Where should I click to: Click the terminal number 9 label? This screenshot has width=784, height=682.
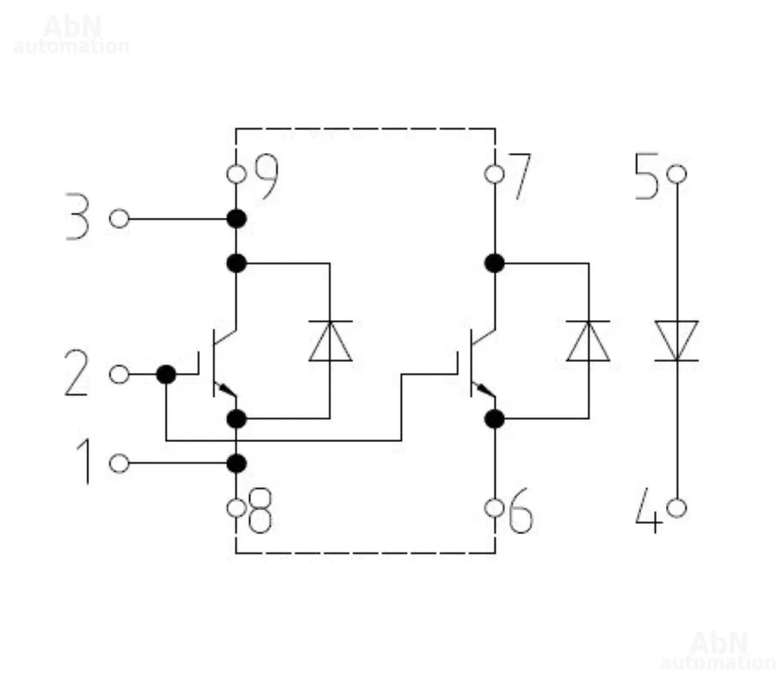[x=266, y=176]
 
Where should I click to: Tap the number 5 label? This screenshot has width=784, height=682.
[x=647, y=175]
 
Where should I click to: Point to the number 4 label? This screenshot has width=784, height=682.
[x=649, y=511]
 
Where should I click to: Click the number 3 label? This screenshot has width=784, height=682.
[x=78, y=219]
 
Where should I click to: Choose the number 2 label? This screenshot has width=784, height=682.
[x=76, y=373]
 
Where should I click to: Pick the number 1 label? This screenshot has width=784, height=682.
[x=83, y=462]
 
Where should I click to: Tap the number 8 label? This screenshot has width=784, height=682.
[x=260, y=511]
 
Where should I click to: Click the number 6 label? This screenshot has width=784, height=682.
[x=520, y=511]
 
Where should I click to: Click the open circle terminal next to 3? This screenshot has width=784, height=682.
[x=119, y=219]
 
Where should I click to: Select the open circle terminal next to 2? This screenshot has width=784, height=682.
[x=119, y=374]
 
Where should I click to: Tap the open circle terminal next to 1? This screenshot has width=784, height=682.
[x=119, y=463]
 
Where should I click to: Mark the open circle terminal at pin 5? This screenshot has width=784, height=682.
[x=677, y=174]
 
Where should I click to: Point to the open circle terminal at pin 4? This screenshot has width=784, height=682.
[x=677, y=508]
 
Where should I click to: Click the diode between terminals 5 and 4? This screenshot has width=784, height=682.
[x=677, y=341]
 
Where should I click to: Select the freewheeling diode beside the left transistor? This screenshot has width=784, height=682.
[x=330, y=341]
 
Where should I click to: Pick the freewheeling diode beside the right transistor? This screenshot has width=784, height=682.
[x=588, y=341]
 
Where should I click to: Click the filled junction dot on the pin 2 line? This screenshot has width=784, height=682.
[x=166, y=374]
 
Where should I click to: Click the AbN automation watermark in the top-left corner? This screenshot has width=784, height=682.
[x=71, y=35]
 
